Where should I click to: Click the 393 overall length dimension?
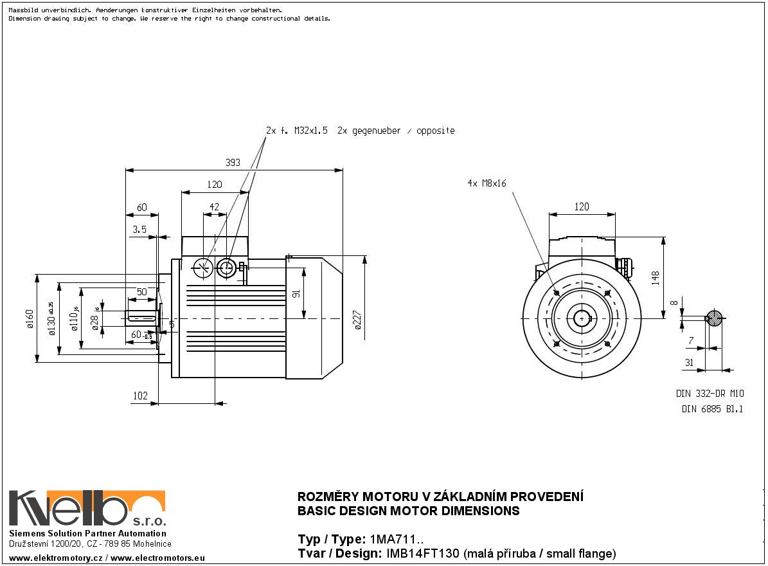coord(233,163)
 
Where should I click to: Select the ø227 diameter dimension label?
coord(358,320)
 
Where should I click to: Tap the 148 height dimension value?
coord(655,277)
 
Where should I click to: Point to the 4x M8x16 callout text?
coord(487,183)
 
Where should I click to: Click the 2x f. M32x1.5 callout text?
coord(297,131)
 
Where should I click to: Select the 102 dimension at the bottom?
coord(139,396)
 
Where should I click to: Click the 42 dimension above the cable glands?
coord(215,207)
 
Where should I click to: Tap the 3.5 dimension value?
coord(139,229)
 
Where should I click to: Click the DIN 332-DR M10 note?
coord(710,393)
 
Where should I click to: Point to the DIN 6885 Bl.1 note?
coord(711,409)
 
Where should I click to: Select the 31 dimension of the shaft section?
coord(689,363)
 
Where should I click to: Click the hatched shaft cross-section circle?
coord(713,318)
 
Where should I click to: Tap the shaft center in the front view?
coord(582,318)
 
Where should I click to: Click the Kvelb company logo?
coord(87,509)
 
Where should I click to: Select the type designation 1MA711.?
coord(395,539)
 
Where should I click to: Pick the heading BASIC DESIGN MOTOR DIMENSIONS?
coord(408,511)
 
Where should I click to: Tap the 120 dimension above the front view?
coord(581,207)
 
